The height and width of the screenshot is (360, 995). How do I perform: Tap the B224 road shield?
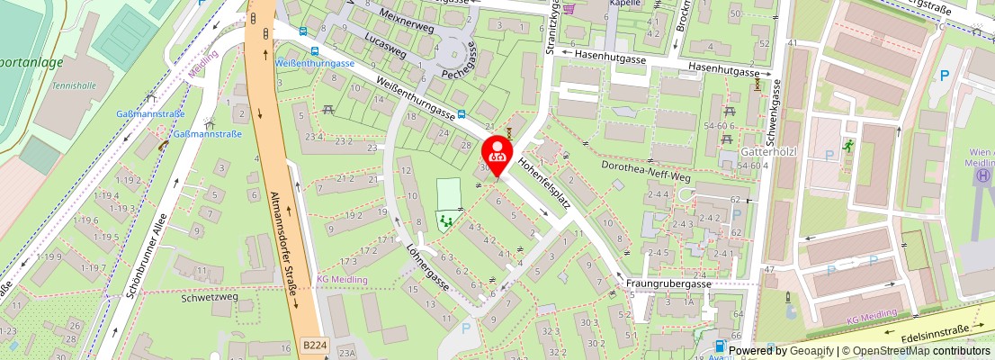pos(314,345)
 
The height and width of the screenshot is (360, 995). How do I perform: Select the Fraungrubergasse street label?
pos(668,283)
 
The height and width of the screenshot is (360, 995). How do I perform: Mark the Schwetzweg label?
pos(209,296)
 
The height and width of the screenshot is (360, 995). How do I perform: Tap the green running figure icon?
pos(848,145)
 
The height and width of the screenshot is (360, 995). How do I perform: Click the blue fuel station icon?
pos(719,346)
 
